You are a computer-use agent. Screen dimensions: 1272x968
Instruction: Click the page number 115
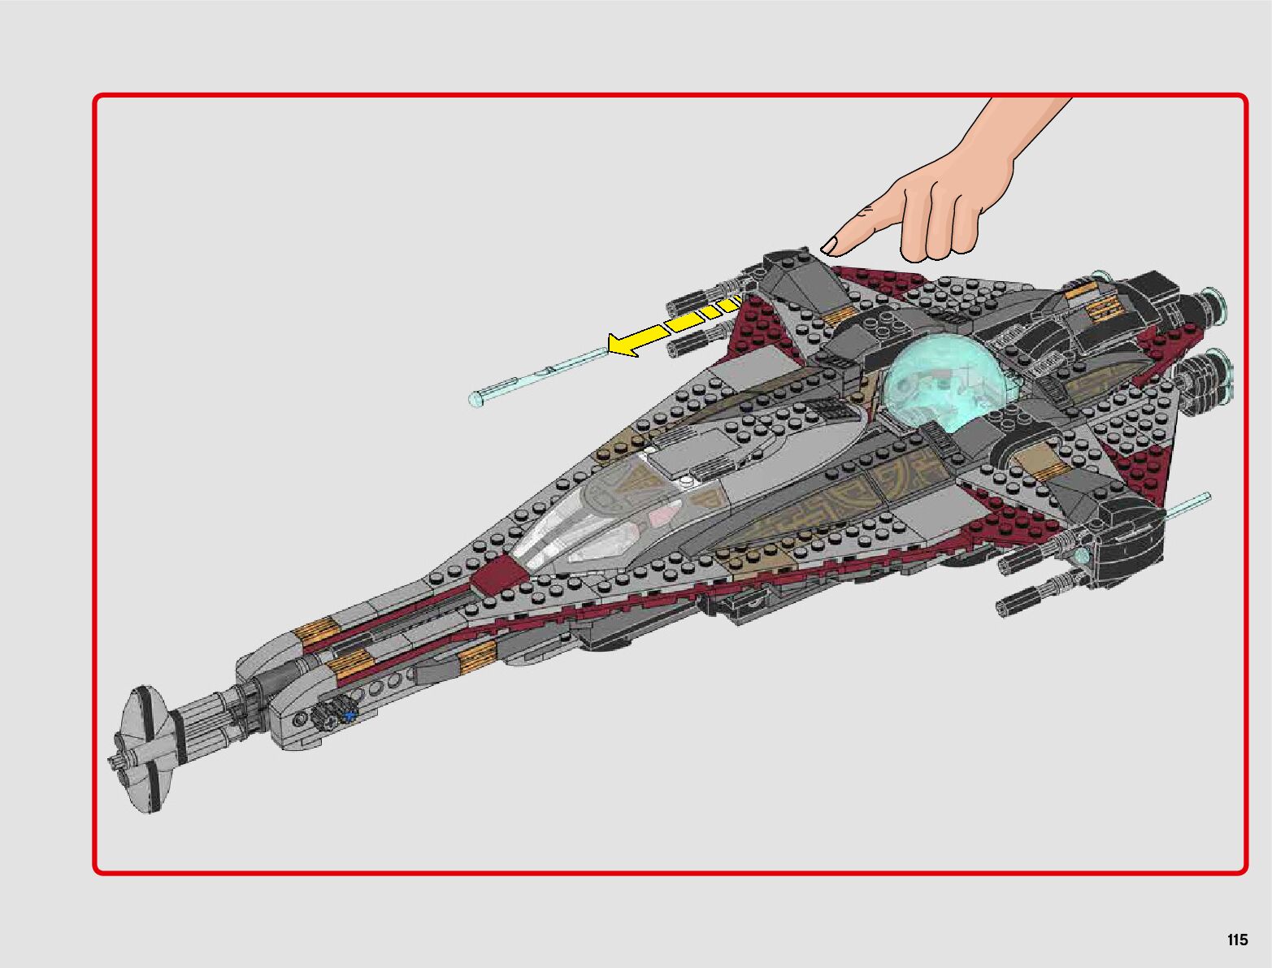click(1237, 940)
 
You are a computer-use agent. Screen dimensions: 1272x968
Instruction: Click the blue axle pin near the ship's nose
click(350, 715)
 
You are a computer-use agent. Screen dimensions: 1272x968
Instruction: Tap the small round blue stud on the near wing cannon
click(1082, 556)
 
